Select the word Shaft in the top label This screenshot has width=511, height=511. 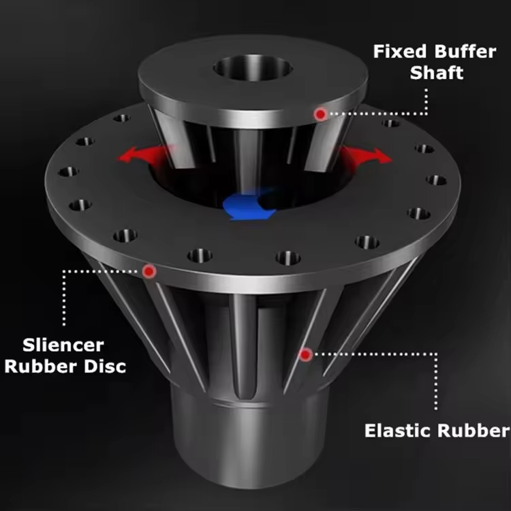tap(437, 73)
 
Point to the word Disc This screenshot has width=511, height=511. tap(104, 366)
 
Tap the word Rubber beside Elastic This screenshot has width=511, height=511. tap(476, 431)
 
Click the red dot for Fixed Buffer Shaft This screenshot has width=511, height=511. tap(320, 114)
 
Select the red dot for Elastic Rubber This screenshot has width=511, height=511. tap(306, 354)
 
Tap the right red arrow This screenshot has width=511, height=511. tap(369, 154)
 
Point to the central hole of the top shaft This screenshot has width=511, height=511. tap(253, 68)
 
